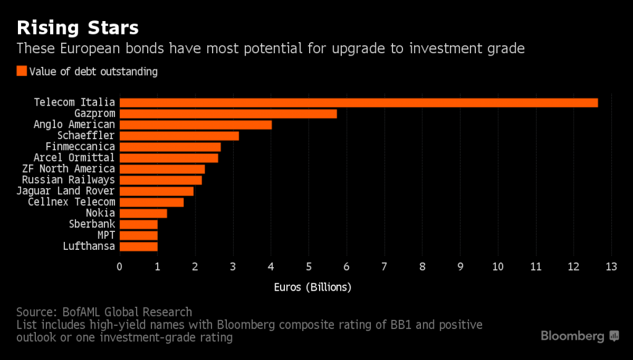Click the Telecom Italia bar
click(359, 103)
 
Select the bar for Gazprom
click(228, 114)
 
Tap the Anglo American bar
click(195, 125)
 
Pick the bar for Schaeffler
click(179, 135)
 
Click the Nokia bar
click(143, 213)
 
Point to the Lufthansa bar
click(138, 246)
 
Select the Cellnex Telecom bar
click(151, 202)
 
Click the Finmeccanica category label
click(80, 147)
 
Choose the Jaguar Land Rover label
click(66, 191)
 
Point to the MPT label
click(106, 236)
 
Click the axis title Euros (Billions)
click(312, 288)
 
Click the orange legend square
click(22, 71)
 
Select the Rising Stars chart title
click(77, 27)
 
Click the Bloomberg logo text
click(572, 336)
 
